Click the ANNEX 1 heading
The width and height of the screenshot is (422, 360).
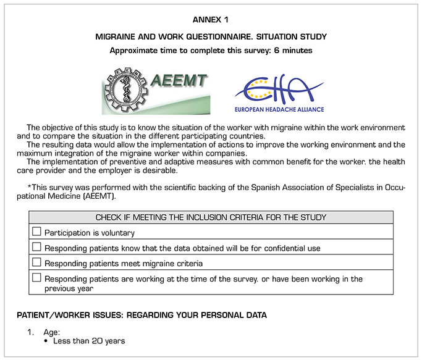(211, 21)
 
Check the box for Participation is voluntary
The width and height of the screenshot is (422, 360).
(36, 232)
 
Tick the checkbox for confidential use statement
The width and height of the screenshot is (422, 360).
(36, 247)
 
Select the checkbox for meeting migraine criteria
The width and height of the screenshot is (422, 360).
(36, 262)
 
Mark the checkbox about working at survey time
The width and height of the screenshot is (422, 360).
(36, 278)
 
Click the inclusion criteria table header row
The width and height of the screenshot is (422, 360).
(211, 217)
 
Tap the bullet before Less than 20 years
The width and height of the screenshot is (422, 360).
(46, 341)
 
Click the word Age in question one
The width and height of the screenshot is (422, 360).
(51, 332)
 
